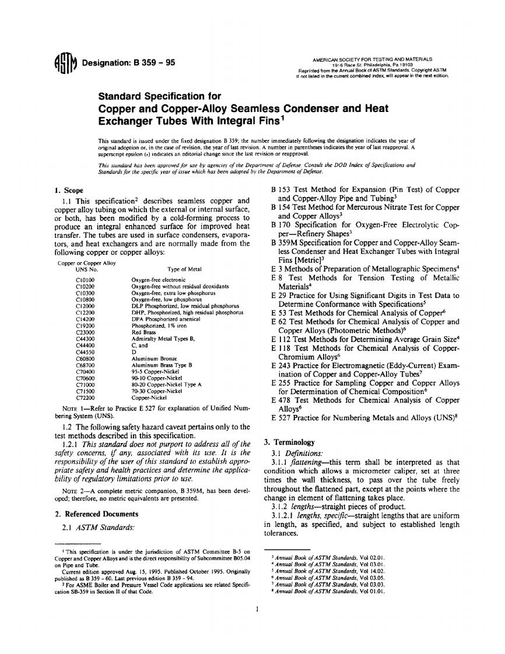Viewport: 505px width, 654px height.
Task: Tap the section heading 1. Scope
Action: [68, 190]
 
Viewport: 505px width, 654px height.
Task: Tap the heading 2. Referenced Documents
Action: [96, 514]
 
